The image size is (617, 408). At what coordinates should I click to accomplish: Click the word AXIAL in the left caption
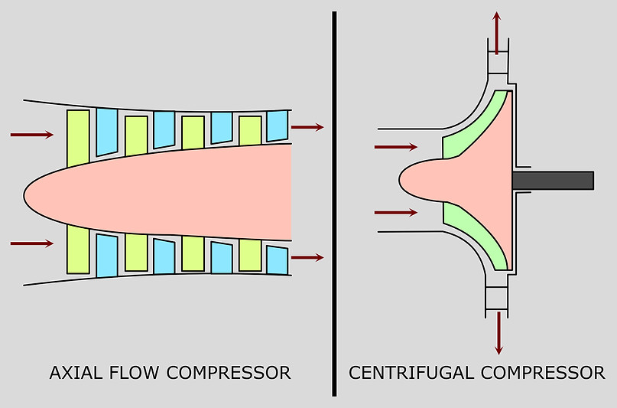pyautogui.click(x=74, y=374)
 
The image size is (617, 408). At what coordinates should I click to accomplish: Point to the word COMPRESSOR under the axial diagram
pyautogui.click(x=228, y=374)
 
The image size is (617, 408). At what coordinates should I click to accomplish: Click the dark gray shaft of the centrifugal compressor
pyautogui.click(x=553, y=180)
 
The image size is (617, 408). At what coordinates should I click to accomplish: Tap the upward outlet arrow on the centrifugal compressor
pyautogui.click(x=497, y=32)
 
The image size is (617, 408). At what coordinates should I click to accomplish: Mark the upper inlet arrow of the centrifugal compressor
pyautogui.click(x=396, y=146)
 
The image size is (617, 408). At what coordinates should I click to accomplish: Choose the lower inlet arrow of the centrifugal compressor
pyautogui.click(x=396, y=212)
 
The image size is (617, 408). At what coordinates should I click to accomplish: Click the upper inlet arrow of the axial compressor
pyautogui.click(x=32, y=135)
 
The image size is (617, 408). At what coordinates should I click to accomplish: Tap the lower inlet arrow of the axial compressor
pyautogui.click(x=32, y=243)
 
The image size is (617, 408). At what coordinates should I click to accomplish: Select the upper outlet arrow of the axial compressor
pyautogui.click(x=307, y=127)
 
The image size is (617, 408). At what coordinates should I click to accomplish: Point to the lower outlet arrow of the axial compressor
pyautogui.click(x=307, y=257)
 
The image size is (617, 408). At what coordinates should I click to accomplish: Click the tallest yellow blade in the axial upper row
pyautogui.click(x=78, y=138)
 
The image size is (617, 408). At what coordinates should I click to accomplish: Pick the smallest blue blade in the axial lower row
pyautogui.click(x=277, y=260)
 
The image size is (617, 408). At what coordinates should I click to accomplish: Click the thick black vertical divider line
pyautogui.click(x=334, y=203)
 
